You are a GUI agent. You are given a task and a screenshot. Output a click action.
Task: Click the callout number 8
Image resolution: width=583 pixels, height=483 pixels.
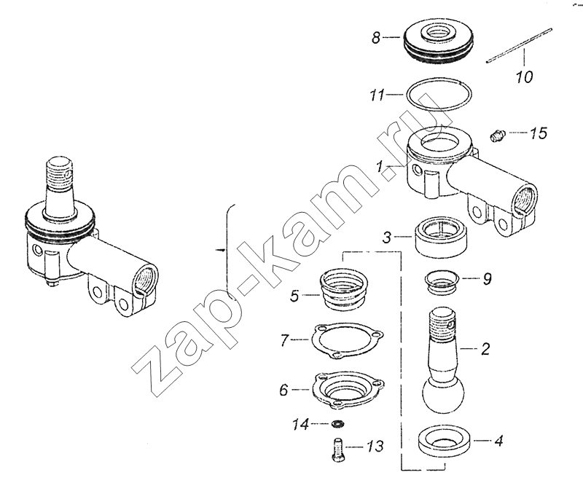[376, 38]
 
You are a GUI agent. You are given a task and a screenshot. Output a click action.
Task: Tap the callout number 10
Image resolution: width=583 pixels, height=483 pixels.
[524, 76]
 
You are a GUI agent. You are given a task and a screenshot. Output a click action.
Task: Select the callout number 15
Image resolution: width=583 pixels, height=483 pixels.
[539, 133]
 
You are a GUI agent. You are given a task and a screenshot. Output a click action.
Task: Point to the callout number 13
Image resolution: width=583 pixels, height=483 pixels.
[375, 446]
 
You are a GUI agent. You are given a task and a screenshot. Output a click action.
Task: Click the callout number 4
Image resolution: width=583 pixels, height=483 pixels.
[498, 441]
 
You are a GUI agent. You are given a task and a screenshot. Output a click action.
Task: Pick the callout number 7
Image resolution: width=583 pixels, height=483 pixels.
[285, 339]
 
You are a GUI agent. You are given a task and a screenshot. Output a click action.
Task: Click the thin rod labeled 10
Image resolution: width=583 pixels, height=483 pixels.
[519, 46]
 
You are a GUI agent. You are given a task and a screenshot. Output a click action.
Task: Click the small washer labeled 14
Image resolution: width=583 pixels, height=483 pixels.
[338, 423]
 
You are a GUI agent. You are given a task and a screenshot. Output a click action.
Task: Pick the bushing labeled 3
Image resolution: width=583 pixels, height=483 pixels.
[442, 237]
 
